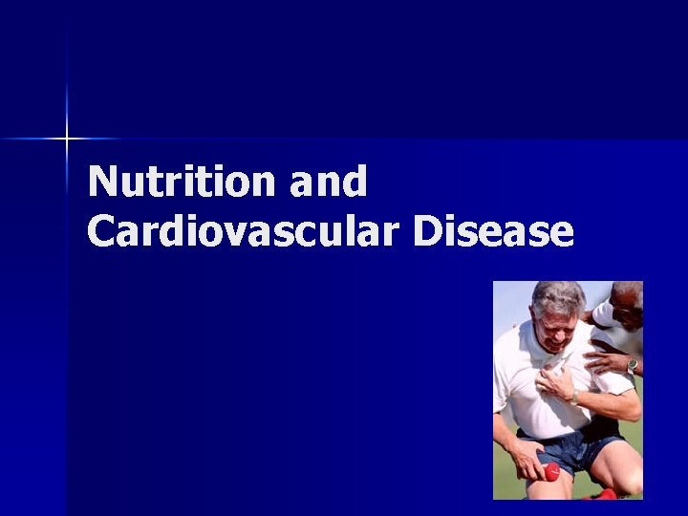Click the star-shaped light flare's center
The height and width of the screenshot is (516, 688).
67,140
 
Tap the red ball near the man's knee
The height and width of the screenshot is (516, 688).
551,471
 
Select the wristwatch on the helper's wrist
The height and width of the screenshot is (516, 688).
632,365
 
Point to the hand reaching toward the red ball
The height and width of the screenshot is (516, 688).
527,462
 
